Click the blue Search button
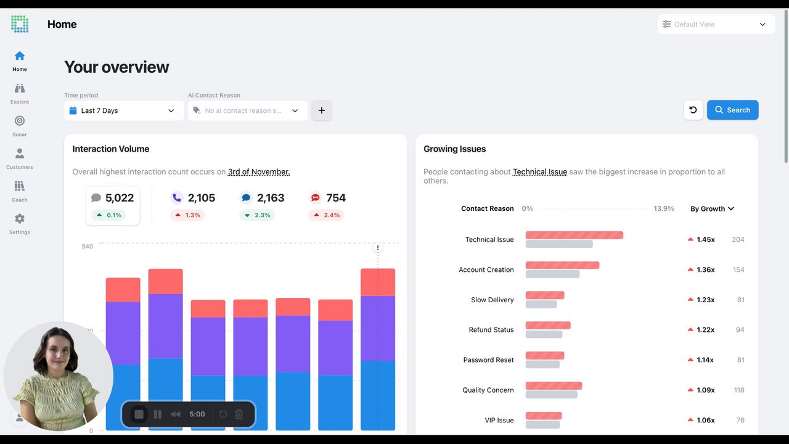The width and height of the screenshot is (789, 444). (732, 110)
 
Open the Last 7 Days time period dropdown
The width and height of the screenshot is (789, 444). (124, 111)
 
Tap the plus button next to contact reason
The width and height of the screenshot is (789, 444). (321, 111)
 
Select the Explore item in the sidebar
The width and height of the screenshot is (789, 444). (20, 93)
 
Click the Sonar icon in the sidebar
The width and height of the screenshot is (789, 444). (20, 121)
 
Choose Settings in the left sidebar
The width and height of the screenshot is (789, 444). (20, 223)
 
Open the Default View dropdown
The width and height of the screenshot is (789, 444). (715, 25)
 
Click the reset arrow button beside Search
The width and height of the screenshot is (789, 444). (693, 110)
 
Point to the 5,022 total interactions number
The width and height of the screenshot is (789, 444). (120, 198)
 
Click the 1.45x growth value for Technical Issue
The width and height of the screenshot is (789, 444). (705, 240)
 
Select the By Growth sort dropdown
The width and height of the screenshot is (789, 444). (712, 209)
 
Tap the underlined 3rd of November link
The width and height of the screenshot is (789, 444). (259, 172)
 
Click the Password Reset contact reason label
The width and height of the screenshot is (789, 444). (488, 360)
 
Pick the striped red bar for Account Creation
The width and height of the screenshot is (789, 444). (562, 266)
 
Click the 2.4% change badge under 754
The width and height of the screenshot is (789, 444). (327, 215)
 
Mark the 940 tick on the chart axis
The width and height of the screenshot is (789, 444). (87, 247)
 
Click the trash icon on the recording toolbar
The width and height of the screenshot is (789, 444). (239, 414)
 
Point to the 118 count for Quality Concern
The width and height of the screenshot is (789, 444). (739, 390)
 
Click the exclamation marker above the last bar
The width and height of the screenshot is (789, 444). (378, 248)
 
